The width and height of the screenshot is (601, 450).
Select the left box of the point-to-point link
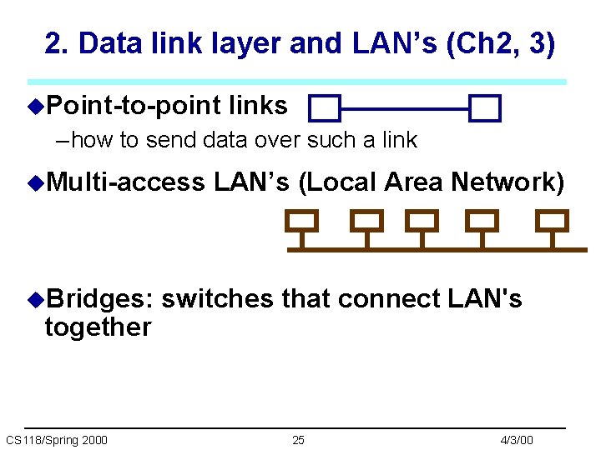[x=324, y=108]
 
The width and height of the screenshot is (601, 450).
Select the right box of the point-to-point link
[x=484, y=108]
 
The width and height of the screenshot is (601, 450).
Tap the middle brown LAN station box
[x=423, y=221]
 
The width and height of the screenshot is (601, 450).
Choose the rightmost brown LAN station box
[x=551, y=221]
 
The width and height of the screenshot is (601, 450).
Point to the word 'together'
[x=98, y=327]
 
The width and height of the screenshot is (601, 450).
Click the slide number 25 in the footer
[x=298, y=440]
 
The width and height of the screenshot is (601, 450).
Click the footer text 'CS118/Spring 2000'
[x=56, y=440]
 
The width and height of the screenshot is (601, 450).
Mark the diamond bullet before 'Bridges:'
[x=34, y=299]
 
